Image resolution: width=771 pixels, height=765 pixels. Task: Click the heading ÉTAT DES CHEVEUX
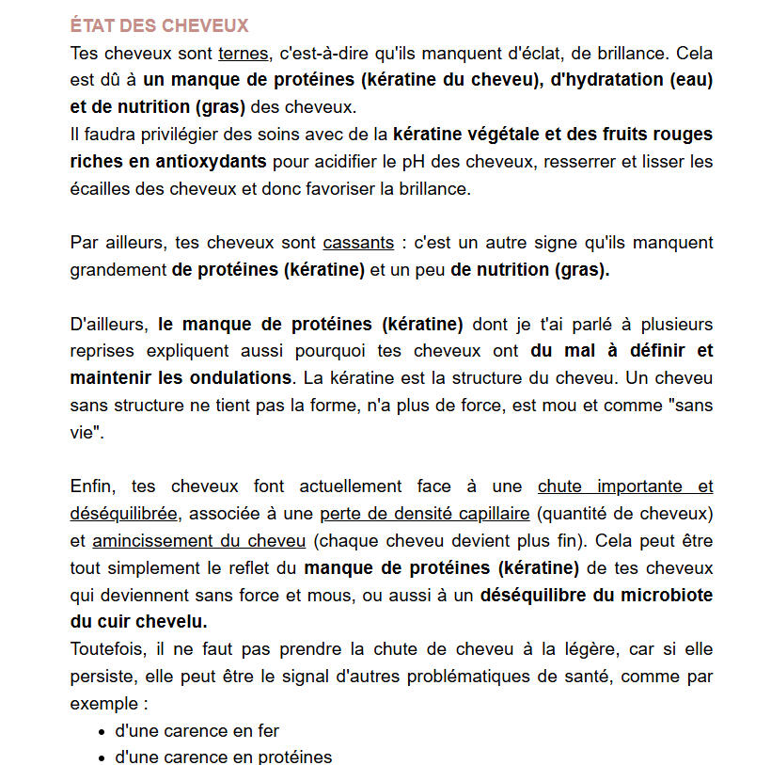(x=159, y=25)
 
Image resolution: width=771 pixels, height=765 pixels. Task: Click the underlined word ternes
(x=244, y=53)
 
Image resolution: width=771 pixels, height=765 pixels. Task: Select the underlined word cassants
(x=358, y=243)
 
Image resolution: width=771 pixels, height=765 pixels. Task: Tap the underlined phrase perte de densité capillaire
(x=425, y=514)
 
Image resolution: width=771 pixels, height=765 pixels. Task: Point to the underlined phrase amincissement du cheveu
(x=198, y=541)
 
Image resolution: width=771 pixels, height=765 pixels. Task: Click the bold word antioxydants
(x=207, y=161)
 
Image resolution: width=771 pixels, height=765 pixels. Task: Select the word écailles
(x=99, y=188)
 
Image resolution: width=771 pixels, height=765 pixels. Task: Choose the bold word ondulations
(x=238, y=378)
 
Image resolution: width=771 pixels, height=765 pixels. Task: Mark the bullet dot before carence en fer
(x=102, y=731)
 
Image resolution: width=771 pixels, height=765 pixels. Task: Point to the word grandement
(x=117, y=270)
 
